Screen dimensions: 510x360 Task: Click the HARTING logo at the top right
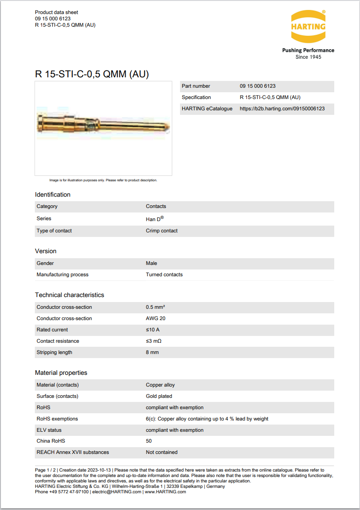point(308,26)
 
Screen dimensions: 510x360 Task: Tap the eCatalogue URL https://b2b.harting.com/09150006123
point(282,109)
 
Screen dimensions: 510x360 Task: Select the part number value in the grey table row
point(257,86)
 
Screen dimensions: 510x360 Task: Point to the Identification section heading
point(53,195)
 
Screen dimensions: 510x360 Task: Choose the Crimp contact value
point(161,231)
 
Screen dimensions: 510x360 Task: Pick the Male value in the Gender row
point(152,264)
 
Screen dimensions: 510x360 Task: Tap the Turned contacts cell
point(164,275)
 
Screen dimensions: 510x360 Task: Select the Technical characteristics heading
point(70,295)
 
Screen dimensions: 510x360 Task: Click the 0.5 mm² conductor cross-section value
point(155,307)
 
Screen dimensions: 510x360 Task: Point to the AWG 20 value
point(156,319)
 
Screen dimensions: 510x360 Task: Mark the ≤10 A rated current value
point(152,330)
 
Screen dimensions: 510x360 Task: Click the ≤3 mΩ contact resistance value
point(153,341)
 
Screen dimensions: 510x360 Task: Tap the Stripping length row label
point(54,353)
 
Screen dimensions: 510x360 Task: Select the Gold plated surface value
point(159,397)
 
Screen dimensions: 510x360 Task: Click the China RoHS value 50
point(149,441)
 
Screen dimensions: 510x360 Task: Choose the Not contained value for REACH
point(161,453)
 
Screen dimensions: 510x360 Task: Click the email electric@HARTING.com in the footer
point(117,492)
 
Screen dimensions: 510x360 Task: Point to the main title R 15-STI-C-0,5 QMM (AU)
point(92,74)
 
